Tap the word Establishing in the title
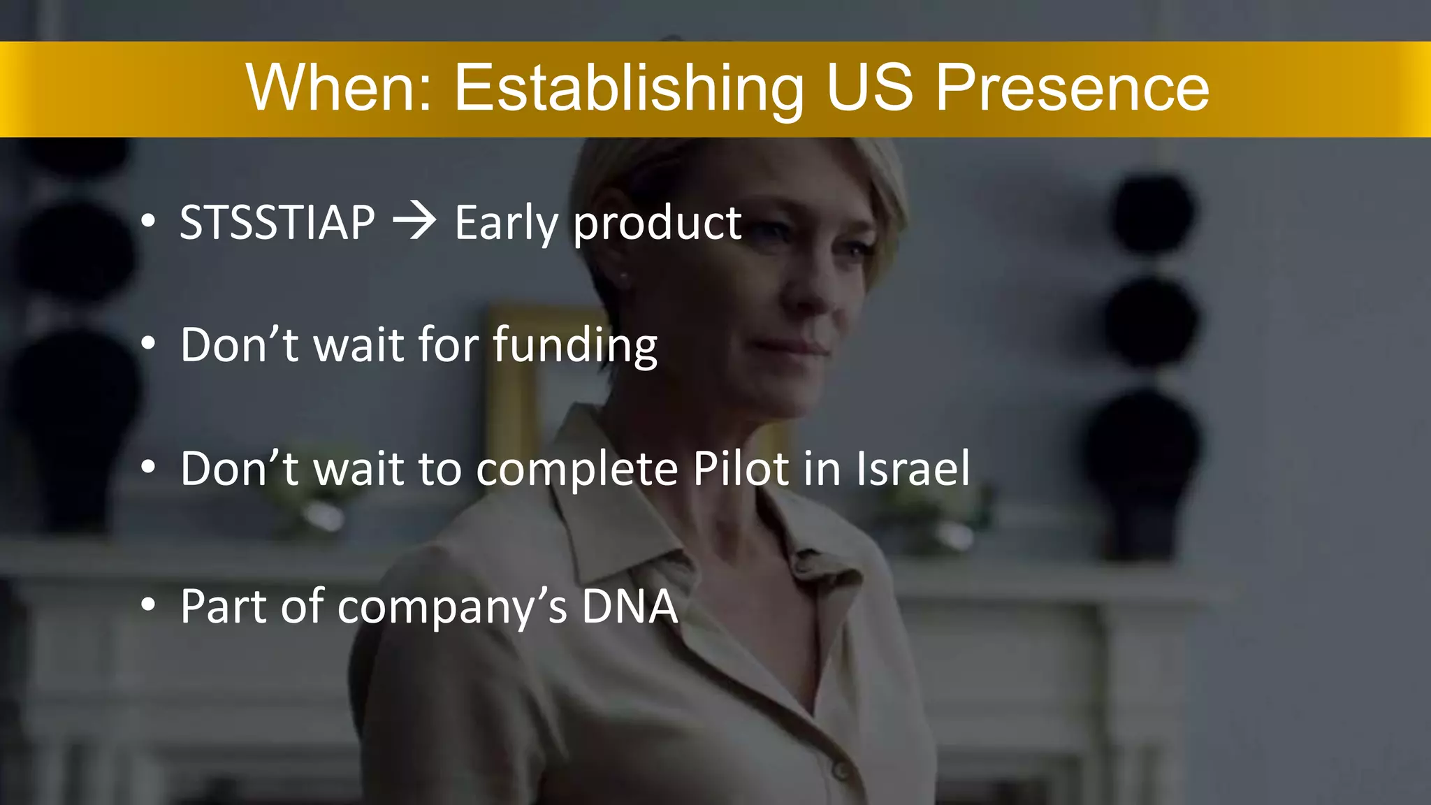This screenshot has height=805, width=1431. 629,89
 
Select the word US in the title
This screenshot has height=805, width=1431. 870,88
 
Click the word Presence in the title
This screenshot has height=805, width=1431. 1072,88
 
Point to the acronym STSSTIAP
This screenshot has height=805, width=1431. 277,223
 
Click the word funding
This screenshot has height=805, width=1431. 575,346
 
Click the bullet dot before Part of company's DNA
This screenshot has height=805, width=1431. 148,605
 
